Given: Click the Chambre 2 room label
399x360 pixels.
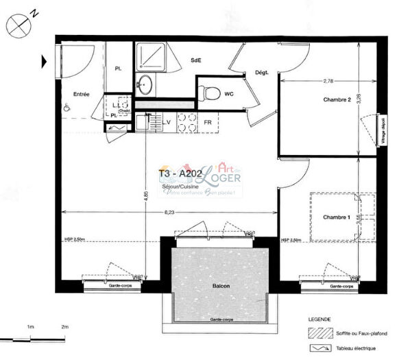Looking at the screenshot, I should tap(337, 100).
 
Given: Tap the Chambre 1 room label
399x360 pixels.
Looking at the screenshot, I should tap(337, 218).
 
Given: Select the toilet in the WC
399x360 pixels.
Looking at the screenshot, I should tap(213, 92).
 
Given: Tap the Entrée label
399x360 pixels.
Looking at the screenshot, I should tap(82, 94).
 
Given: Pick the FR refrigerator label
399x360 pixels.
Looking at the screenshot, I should tap(208, 123).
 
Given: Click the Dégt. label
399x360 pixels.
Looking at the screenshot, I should tap(261, 73).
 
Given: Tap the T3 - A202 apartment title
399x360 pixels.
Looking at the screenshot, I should tap(179, 174).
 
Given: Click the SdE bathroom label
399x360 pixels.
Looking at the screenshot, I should tap(195, 60).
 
